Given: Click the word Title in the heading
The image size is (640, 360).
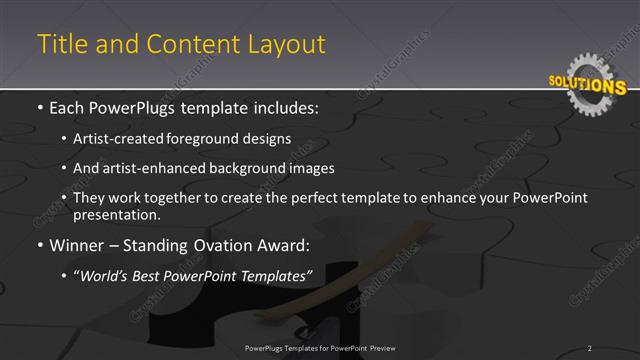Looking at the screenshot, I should pyautogui.click(x=59, y=44).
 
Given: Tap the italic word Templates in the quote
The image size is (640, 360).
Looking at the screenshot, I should pyautogui.click(x=276, y=275).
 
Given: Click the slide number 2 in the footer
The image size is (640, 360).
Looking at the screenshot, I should pyautogui.click(x=589, y=348).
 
